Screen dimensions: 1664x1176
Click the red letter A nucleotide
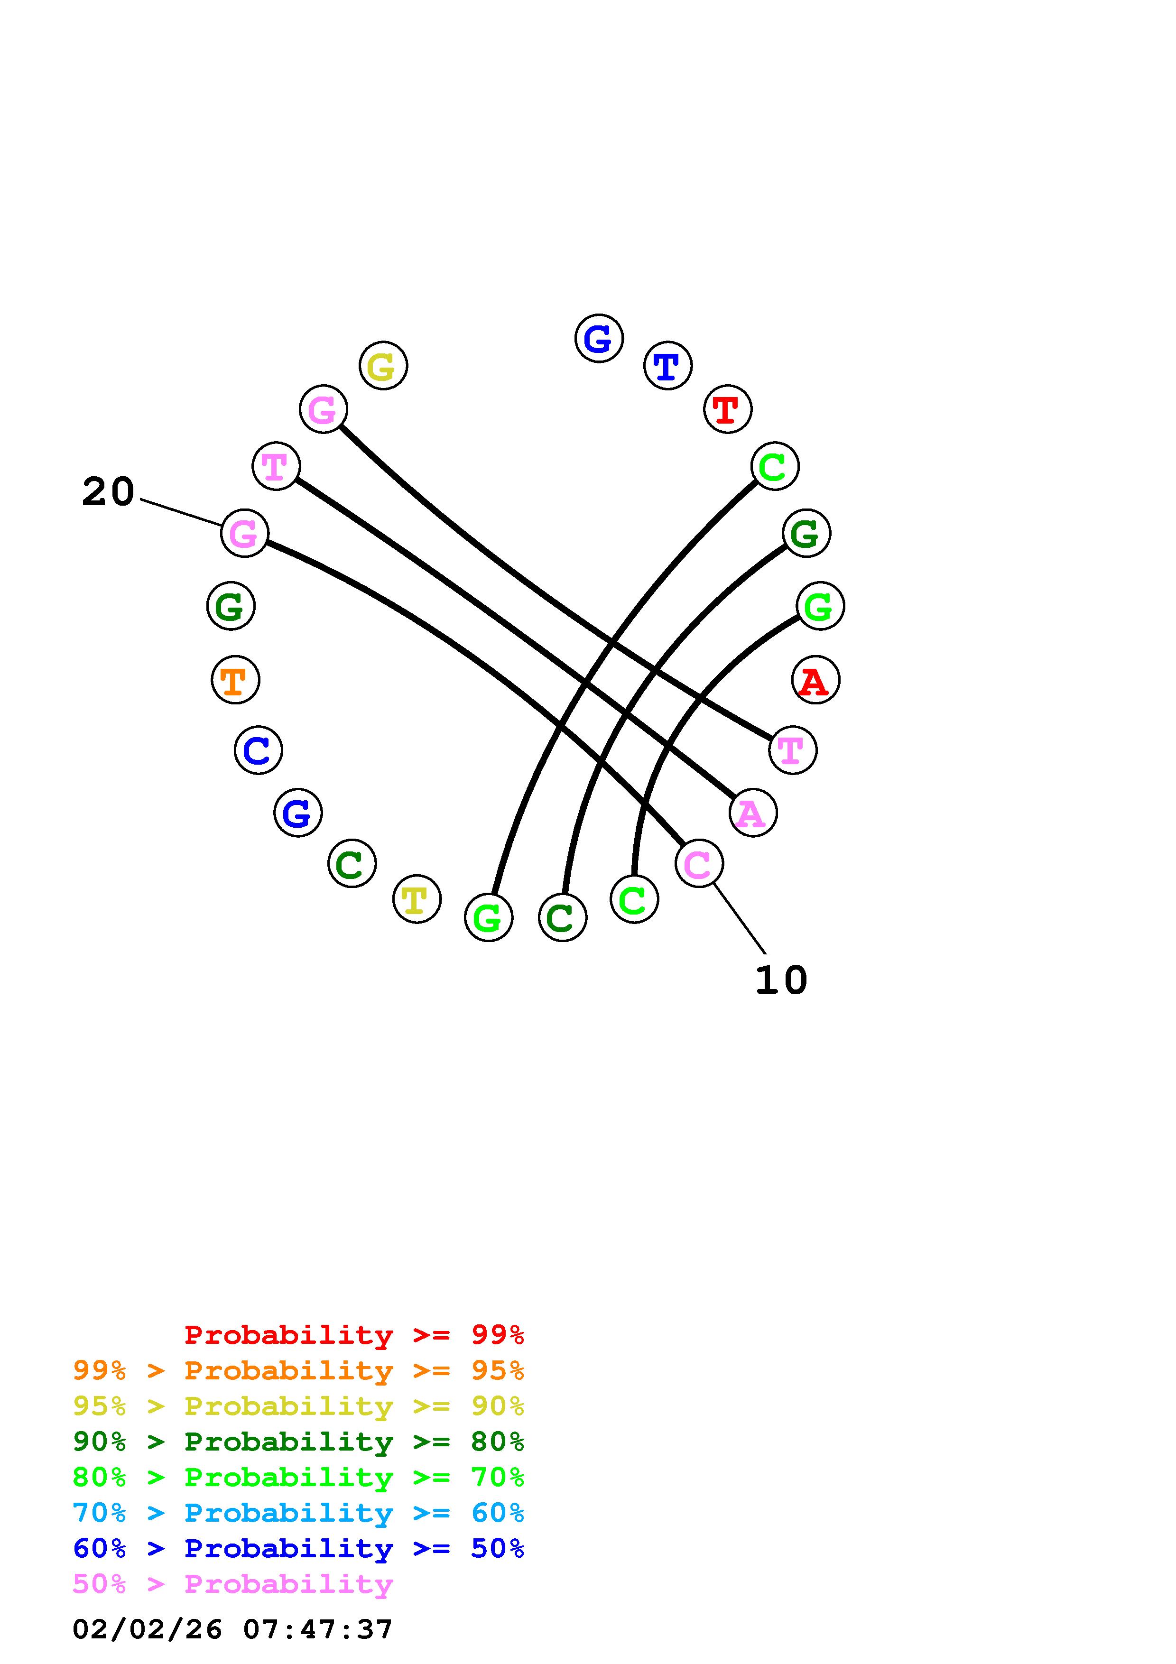pos(816,680)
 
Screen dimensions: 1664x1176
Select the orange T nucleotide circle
pos(235,680)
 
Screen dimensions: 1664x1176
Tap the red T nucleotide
pos(728,409)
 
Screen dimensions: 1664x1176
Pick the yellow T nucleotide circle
pos(417,899)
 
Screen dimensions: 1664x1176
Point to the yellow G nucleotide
pos(383,365)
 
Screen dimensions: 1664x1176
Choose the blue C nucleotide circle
pos(258,750)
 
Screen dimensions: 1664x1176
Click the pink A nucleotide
pos(753,813)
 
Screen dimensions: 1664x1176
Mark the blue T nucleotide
pos(667,365)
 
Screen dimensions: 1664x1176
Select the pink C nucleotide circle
pos(698,863)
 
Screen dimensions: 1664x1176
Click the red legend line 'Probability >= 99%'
pos(353,1334)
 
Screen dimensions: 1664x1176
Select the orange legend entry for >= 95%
pos(298,1370)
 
